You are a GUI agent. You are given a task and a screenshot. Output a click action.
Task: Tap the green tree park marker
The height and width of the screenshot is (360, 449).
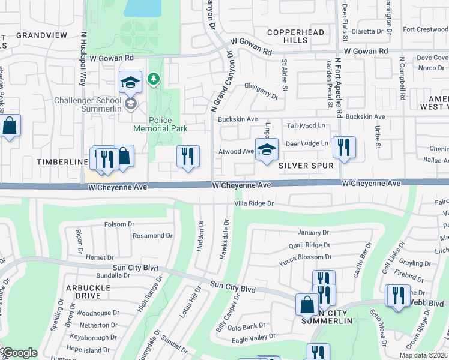[x=154, y=79]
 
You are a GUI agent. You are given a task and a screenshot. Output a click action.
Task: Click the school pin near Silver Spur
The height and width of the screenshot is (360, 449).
[x=267, y=150]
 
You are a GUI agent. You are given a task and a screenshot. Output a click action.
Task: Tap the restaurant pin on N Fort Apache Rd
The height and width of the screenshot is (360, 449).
[x=344, y=148]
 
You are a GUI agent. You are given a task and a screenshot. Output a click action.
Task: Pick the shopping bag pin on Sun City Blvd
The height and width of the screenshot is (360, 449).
[x=307, y=304]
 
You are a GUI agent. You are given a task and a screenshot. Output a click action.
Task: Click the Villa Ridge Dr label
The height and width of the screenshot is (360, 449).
[x=253, y=204]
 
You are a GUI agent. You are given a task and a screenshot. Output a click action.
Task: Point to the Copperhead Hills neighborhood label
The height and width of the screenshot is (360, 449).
[x=287, y=36]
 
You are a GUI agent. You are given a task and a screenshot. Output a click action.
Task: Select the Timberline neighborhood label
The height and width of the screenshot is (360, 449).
[x=58, y=163]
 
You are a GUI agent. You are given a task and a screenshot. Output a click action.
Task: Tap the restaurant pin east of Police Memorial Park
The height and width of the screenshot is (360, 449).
[x=188, y=157]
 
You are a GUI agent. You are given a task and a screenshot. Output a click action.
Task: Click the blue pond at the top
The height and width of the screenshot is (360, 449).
[x=142, y=7]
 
